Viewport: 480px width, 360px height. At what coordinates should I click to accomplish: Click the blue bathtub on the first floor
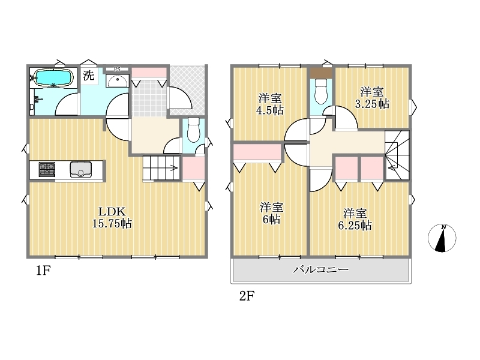pyautogui.click(x=53, y=77)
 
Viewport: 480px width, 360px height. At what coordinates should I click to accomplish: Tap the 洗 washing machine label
pyautogui.click(x=88, y=75)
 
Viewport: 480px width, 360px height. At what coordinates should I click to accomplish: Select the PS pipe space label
pyautogui.click(x=117, y=70)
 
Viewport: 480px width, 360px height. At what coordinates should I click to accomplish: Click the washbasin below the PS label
pyautogui.click(x=117, y=81)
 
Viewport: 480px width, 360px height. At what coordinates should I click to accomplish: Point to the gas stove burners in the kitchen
pyautogui.click(x=47, y=169)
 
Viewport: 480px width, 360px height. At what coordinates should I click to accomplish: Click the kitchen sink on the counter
pyautogui.click(x=80, y=169)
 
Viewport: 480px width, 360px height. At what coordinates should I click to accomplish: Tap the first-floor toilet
pyautogui.click(x=193, y=130)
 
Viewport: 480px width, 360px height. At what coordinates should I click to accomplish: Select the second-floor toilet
pyautogui.click(x=321, y=91)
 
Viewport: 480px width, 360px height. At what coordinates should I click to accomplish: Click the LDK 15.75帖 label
pyautogui.click(x=112, y=218)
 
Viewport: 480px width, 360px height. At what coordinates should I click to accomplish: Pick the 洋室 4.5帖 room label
pyautogui.click(x=269, y=104)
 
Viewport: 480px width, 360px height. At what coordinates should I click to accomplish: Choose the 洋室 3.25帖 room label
pyautogui.click(x=372, y=98)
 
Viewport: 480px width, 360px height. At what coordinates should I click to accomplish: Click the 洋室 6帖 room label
pyautogui.click(x=271, y=214)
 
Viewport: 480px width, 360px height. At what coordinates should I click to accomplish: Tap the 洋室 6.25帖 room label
pyautogui.click(x=355, y=219)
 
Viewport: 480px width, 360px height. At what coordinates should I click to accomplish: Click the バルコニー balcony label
pyautogui.click(x=321, y=269)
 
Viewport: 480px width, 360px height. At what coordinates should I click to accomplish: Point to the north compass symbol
pyautogui.click(x=442, y=238)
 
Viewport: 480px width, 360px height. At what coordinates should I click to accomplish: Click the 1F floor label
pyautogui.click(x=43, y=271)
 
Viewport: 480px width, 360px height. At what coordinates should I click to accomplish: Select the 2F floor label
pyautogui.click(x=247, y=296)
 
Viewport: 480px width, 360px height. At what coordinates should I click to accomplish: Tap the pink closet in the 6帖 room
pyautogui.click(x=257, y=152)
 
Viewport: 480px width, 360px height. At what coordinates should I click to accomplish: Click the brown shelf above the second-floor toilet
pyautogui.click(x=321, y=73)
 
